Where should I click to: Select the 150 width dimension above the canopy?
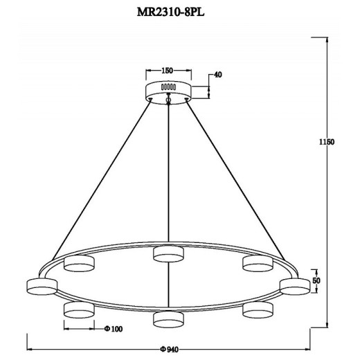coord(167,71)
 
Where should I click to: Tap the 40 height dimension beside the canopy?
coord(218,75)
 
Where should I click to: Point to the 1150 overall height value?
coord(327,142)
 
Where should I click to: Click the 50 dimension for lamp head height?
coord(316,280)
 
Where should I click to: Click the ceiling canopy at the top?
coord(168,90)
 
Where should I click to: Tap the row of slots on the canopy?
coord(168,88)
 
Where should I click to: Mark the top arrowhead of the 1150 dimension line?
coord(327,38)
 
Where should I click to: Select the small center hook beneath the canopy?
coord(168,102)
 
